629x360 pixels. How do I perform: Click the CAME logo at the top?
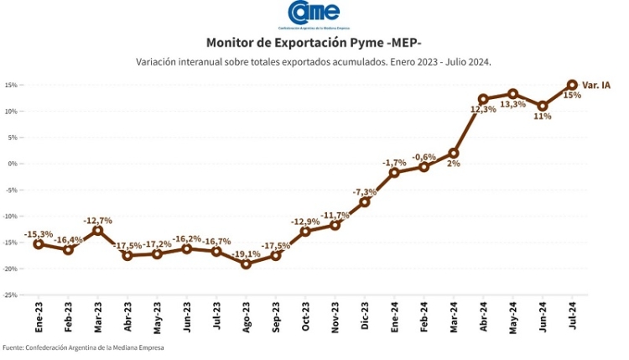[314, 15]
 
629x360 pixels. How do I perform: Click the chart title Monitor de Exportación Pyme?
[314, 43]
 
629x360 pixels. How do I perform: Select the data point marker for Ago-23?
[246, 263]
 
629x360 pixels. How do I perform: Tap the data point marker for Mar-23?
[97, 230]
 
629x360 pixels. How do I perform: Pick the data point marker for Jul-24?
[572, 85]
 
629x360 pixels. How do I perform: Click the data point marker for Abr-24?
[483, 99]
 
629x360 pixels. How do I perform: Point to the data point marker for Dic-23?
[365, 201]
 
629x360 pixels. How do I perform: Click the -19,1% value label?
[246, 253]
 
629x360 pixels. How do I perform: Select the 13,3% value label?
[512, 105]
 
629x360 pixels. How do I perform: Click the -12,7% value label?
[97, 220]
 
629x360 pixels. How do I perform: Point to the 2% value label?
[454, 164]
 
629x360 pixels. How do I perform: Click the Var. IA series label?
[596, 85]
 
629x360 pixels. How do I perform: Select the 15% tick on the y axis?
[11, 85]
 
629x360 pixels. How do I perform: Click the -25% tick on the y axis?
[10, 295]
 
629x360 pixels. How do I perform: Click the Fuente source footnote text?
[83, 347]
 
